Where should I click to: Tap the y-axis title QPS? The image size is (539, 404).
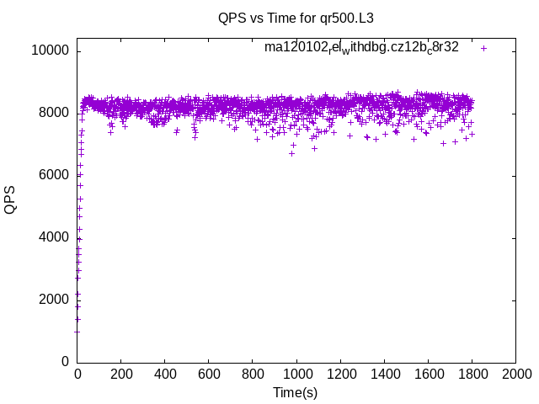click(x=11, y=199)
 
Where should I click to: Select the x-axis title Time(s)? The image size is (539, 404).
click(x=295, y=393)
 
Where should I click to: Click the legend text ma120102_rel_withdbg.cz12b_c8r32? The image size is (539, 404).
click(x=361, y=48)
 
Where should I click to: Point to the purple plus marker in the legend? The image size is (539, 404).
click(x=483, y=48)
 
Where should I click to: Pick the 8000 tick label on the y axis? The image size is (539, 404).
click(x=52, y=113)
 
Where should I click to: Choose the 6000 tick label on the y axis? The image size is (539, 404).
click(x=52, y=175)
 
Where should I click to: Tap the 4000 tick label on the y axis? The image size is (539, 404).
click(x=52, y=237)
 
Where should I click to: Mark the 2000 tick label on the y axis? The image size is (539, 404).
click(x=52, y=300)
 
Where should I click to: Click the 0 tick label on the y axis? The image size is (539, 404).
click(x=65, y=362)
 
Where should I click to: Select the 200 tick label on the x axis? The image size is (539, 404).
click(x=121, y=374)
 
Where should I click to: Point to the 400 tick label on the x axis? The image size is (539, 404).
click(x=165, y=374)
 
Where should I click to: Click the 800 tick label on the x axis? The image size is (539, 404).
click(x=253, y=374)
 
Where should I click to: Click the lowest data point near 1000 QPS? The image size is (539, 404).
click(x=77, y=331)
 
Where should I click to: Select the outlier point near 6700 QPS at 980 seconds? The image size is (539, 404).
click(x=292, y=153)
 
